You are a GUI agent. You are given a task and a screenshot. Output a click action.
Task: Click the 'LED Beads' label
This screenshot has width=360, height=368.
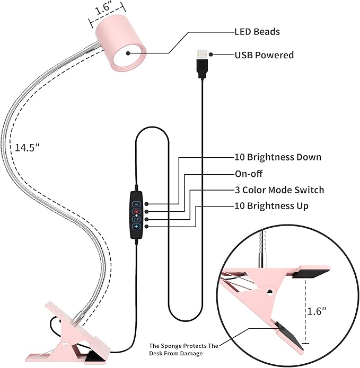257,31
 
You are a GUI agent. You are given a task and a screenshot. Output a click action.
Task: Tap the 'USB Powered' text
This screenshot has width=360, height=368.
264,55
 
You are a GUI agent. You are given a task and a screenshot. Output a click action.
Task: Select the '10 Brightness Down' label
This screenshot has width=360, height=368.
277,157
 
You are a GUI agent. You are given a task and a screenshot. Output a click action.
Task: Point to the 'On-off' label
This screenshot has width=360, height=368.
248,174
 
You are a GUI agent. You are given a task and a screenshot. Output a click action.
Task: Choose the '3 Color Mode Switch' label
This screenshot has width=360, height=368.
279,190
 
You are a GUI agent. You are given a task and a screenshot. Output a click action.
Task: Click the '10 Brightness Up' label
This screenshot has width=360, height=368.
271,205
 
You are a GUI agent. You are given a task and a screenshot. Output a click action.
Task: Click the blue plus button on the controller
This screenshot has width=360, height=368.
136,227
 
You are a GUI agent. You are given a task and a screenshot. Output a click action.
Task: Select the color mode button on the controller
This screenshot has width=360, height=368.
136,219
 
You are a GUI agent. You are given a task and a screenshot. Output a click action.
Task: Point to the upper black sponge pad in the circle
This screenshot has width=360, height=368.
300,273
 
